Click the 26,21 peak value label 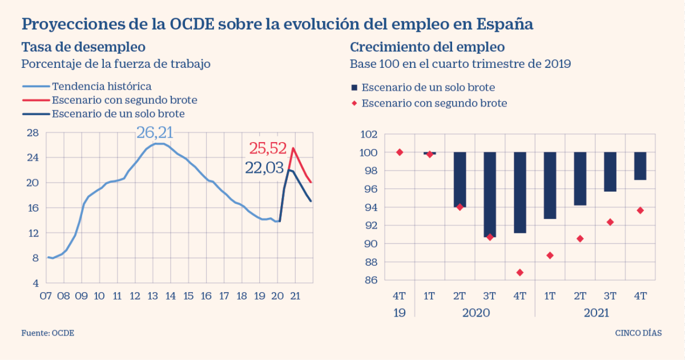(154, 132)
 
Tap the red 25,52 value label (267, 148)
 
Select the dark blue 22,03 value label (264, 168)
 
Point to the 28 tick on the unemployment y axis (33, 133)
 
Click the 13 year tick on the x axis (152, 296)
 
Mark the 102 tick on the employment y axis (369, 135)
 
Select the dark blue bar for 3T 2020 (490, 194)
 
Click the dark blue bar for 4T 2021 (640, 166)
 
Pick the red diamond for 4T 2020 (519, 272)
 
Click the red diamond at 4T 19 (400, 152)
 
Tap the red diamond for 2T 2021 (580, 238)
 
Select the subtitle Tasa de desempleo (83, 47)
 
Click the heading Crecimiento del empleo (427, 47)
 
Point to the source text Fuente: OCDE (48, 333)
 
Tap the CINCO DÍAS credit (638, 333)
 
